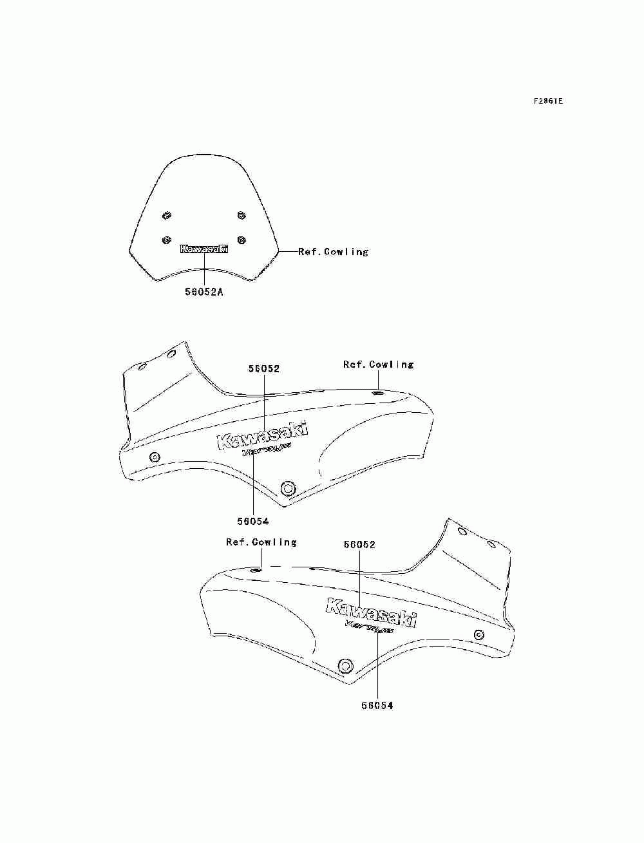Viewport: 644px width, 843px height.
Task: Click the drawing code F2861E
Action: coord(548,101)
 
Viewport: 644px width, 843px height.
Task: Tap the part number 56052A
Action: coord(204,291)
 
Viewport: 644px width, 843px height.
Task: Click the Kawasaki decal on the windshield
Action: coord(204,249)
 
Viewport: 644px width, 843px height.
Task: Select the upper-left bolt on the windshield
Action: coord(167,215)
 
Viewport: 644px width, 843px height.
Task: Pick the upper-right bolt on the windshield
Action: coord(241,215)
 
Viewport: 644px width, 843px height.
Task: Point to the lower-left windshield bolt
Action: coord(167,240)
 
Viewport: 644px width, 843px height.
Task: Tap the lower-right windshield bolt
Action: coord(241,240)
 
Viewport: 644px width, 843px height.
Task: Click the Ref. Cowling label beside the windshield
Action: coord(333,252)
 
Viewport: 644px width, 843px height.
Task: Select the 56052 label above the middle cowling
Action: coord(264,369)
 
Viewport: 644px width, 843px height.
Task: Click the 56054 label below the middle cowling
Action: coord(252,521)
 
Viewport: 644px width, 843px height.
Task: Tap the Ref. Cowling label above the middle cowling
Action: coord(378,365)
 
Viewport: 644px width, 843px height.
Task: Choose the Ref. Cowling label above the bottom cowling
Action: coord(261,542)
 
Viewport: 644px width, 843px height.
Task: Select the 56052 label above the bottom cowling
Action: coord(359,544)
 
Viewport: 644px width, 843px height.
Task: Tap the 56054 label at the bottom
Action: coord(377,705)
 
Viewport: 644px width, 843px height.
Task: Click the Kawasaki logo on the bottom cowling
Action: coord(372,612)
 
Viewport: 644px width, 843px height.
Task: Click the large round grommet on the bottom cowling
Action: coord(346,665)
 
